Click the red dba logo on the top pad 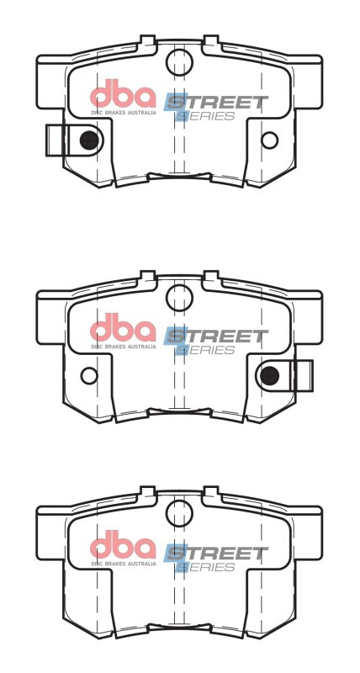123,94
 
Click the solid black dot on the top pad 87,140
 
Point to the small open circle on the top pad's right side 269,140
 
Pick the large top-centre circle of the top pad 179,61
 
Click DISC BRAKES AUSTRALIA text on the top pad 123,111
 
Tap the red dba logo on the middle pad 123,330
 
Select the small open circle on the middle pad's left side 89,375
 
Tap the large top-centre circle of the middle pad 179,296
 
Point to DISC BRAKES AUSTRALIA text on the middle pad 123,347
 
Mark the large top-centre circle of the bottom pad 179,512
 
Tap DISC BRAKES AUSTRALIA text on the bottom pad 123,563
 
